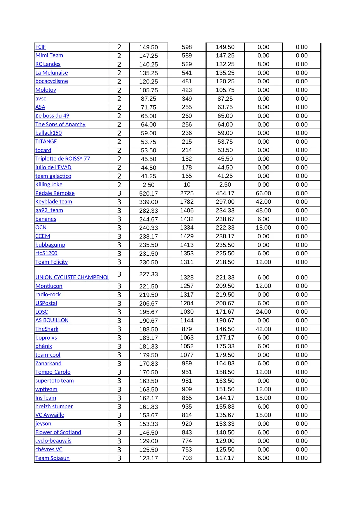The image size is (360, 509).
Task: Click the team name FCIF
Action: [x=40, y=47]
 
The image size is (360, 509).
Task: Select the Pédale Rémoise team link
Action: [x=55, y=193]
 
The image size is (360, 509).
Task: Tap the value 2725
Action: [x=187, y=193]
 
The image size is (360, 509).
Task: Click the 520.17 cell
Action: [x=149, y=194]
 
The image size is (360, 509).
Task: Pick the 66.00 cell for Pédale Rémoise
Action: [x=263, y=193]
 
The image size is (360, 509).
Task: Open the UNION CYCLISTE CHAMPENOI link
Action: [x=72, y=277]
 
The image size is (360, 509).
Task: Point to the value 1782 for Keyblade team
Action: [x=187, y=202]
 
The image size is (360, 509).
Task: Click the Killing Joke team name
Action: [x=49, y=185]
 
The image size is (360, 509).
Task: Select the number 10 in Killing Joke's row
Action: [x=187, y=185]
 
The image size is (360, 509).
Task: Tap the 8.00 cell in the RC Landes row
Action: [x=263, y=64]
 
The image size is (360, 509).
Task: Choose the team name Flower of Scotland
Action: [x=58, y=432]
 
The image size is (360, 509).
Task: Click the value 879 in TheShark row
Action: [x=187, y=329]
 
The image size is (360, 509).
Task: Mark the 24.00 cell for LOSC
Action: [x=263, y=312]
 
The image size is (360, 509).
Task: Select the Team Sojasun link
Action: [x=52, y=458]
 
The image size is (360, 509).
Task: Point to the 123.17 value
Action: [x=149, y=459]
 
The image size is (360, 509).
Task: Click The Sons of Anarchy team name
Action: [x=60, y=124]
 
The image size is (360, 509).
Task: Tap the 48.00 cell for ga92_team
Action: [x=263, y=210]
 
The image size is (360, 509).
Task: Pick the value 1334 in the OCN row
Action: [x=187, y=228]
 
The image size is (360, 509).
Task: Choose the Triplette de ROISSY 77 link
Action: [x=63, y=159]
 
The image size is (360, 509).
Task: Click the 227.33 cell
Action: [x=149, y=274]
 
